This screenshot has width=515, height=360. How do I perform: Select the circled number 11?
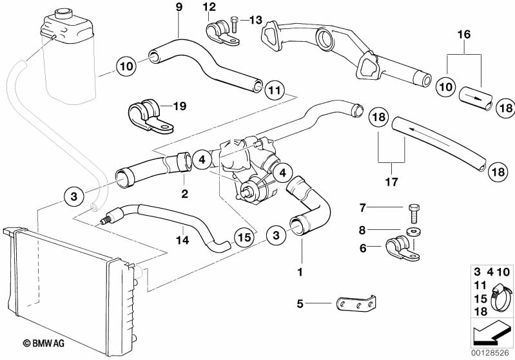[x=273, y=90]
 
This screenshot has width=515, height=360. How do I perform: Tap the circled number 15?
[x=243, y=237]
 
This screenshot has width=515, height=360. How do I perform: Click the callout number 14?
[x=183, y=240]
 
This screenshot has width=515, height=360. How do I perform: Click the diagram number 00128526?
[x=493, y=354]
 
